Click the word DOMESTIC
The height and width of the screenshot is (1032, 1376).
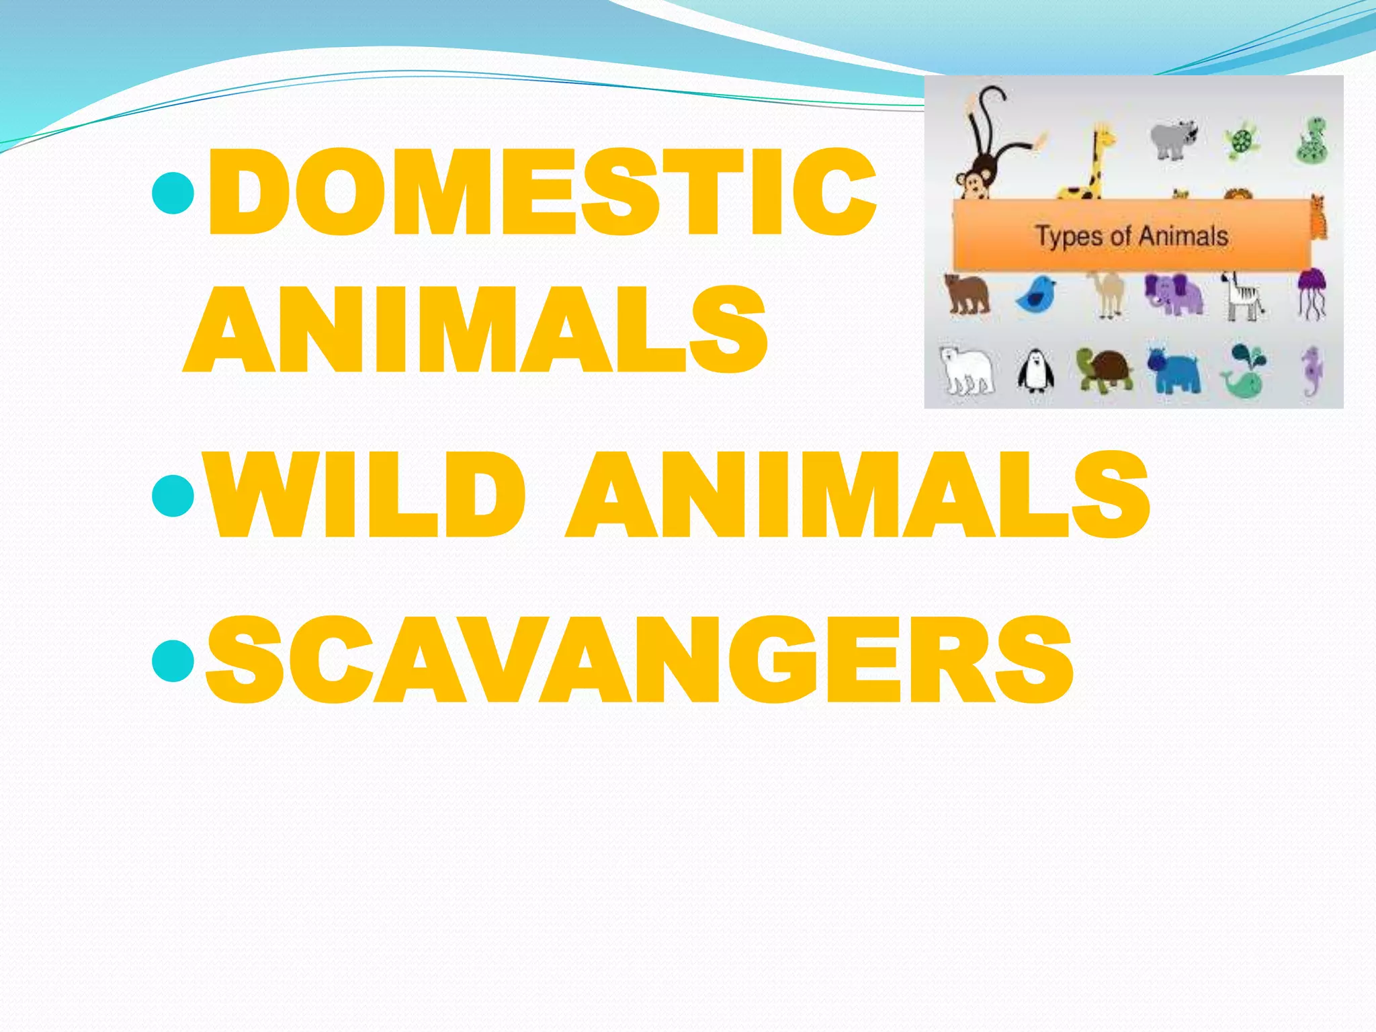coord(542,192)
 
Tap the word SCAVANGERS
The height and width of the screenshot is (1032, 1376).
coord(638,661)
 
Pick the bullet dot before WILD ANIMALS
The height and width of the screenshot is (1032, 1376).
coord(173,496)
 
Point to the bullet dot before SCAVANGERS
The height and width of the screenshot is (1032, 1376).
coord(173,661)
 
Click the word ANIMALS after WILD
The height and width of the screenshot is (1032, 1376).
coord(857,496)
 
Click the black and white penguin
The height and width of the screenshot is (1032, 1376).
coord(1035,371)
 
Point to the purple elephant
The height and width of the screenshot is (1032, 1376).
coord(1173,294)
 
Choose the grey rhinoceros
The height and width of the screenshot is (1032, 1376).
coord(1173,140)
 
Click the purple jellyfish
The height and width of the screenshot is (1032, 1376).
coord(1311,290)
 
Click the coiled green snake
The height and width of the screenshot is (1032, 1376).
coord(1311,141)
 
